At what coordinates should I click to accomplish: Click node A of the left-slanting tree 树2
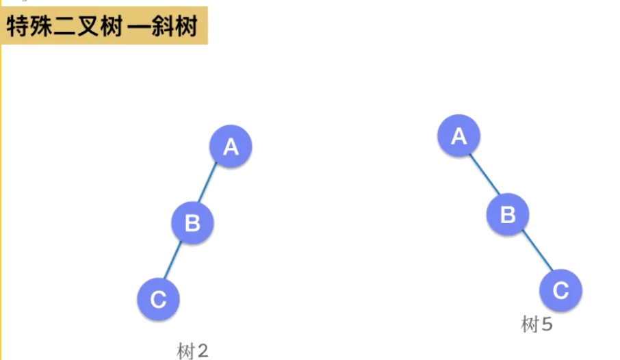231,146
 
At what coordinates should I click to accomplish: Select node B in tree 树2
192,222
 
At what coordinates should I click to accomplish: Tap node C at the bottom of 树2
158,299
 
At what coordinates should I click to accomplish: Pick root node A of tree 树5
458,136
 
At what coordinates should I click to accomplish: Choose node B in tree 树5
508,215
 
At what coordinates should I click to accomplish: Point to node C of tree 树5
560,291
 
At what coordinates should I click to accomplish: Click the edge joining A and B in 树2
212,183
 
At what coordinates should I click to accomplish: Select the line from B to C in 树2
175,260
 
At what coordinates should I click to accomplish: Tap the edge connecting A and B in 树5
483,175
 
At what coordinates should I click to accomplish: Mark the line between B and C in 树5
534,253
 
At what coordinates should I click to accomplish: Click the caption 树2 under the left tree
192,352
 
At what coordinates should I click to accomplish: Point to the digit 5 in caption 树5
546,324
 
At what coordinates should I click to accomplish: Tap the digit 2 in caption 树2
202,352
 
